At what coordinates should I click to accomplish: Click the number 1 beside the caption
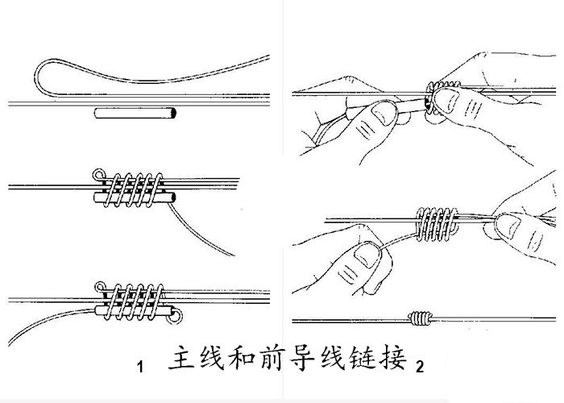point(140,368)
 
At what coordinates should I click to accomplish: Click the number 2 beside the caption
point(420,368)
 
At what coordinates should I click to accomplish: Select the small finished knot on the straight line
point(421,318)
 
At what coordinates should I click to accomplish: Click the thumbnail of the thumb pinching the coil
point(449,102)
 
